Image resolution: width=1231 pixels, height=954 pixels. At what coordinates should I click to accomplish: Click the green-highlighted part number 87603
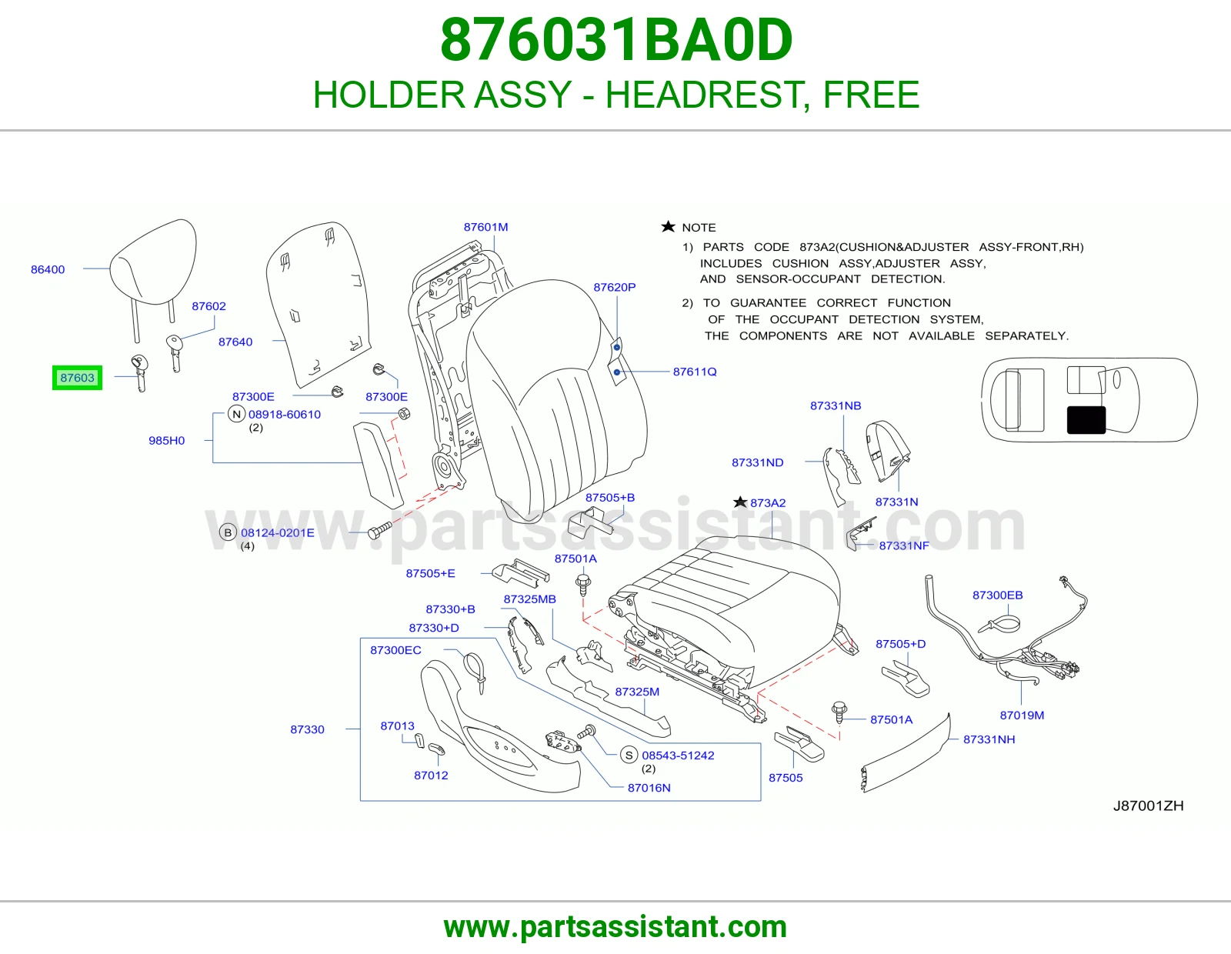(77, 378)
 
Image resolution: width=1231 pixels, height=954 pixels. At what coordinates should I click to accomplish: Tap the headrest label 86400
(48, 269)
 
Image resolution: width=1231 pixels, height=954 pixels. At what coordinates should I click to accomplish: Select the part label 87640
(235, 342)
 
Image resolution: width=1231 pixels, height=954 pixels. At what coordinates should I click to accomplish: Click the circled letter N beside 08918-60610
(237, 414)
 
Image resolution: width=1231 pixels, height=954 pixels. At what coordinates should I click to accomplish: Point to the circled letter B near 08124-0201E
(228, 532)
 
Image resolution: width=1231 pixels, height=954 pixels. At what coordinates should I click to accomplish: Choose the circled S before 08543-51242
(629, 756)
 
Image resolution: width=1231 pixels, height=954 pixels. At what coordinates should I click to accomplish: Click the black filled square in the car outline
(1086, 420)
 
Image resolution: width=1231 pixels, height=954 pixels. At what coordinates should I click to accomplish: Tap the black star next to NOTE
(668, 227)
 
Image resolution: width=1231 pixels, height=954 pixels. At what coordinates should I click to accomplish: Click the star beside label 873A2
(740, 502)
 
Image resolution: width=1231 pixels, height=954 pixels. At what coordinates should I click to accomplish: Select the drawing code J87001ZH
(1148, 806)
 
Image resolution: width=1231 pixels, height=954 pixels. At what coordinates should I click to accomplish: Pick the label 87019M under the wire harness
(1022, 715)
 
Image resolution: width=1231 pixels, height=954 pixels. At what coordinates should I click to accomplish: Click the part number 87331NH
(989, 739)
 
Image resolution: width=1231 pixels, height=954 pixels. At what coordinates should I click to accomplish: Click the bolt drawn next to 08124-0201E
(379, 530)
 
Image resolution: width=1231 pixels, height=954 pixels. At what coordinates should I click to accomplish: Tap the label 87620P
(614, 287)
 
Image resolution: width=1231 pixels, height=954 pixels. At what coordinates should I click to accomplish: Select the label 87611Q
(695, 372)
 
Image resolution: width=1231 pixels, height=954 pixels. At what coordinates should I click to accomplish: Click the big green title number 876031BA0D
(616, 40)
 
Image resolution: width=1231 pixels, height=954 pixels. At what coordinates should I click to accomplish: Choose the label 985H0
(166, 441)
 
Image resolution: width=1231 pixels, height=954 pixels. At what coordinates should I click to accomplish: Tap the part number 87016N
(649, 788)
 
